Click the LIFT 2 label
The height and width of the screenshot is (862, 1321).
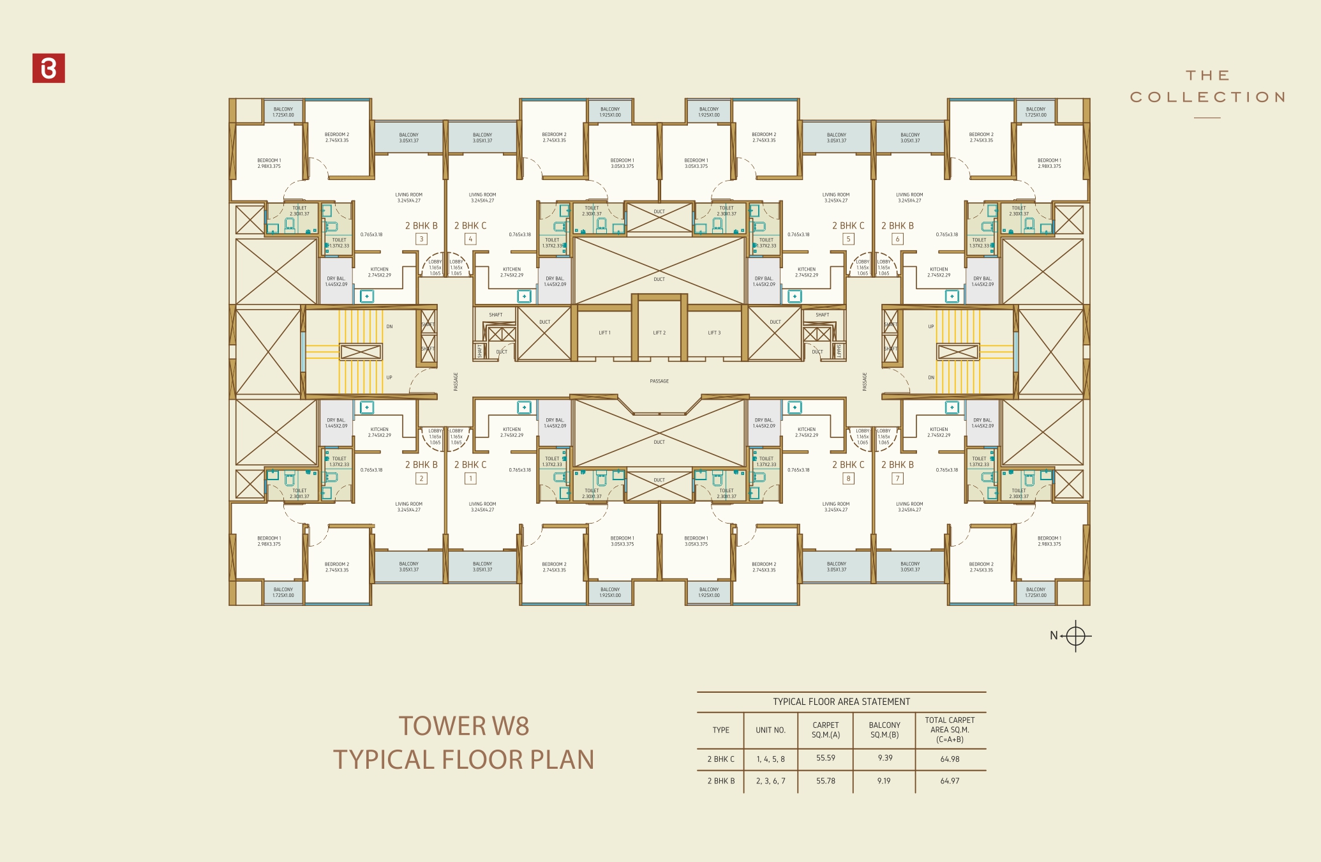(659, 333)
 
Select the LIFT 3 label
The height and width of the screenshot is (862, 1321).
(714, 333)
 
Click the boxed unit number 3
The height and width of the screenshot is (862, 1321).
(421, 239)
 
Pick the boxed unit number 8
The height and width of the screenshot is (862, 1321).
(848, 478)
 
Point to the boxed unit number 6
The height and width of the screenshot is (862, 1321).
(897, 239)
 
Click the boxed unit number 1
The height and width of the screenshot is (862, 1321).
(470, 478)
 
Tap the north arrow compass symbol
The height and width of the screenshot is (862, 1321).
(1075, 636)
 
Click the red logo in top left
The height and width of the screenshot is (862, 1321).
(49, 68)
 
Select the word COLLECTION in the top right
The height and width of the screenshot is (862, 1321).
(1207, 97)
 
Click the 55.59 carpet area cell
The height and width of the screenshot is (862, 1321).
(825, 758)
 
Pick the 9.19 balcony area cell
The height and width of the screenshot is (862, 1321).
(884, 781)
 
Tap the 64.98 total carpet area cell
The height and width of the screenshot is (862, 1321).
(950, 759)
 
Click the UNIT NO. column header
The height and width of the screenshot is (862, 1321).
(770, 730)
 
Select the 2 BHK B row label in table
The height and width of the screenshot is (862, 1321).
(720, 781)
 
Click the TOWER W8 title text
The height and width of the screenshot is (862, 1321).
(464, 726)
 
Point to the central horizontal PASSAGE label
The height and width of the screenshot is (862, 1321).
(659, 381)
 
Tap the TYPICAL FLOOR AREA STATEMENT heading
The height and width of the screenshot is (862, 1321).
(841, 702)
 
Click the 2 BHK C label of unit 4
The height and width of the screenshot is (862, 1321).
(470, 226)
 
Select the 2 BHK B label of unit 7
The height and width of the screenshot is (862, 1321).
(897, 465)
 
